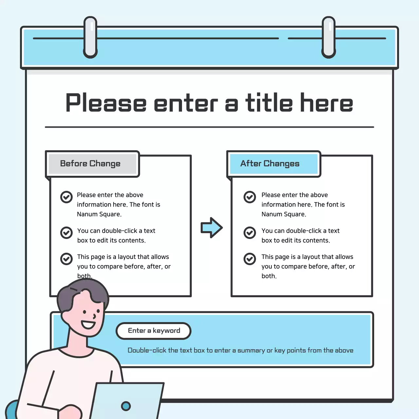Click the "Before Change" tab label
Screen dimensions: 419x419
[x=90, y=164]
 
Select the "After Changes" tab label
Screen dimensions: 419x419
[x=270, y=164]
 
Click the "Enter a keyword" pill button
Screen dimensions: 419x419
[x=154, y=331]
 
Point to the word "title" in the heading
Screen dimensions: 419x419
[x=269, y=103]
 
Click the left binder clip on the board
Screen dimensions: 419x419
[x=90, y=37]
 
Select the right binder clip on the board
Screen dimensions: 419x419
[x=329, y=37]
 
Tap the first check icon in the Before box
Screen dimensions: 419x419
[x=66, y=197]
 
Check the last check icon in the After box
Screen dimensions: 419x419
[x=250, y=259]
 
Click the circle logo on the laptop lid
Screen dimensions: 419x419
[x=126, y=406]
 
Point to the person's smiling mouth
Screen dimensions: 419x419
[x=88, y=324]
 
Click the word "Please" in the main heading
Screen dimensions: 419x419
[x=106, y=103]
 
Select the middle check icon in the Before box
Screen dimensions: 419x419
[x=66, y=233]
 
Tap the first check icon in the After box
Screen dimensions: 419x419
[x=250, y=197]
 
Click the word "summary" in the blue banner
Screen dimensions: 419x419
[x=251, y=351]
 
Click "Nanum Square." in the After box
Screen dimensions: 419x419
[x=284, y=214]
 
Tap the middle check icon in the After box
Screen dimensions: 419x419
[x=250, y=233]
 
